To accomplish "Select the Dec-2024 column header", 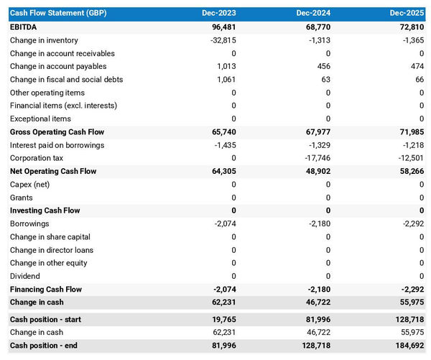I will (x=315, y=14).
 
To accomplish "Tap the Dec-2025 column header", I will (x=408, y=14).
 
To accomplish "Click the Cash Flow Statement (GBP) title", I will (x=57, y=14).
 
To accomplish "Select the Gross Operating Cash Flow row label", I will (x=57, y=132).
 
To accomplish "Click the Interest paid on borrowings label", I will (x=57, y=145).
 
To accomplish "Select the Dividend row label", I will (x=25, y=277).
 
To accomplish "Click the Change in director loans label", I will (x=52, y=250).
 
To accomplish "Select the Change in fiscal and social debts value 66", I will (x=419, y=80).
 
